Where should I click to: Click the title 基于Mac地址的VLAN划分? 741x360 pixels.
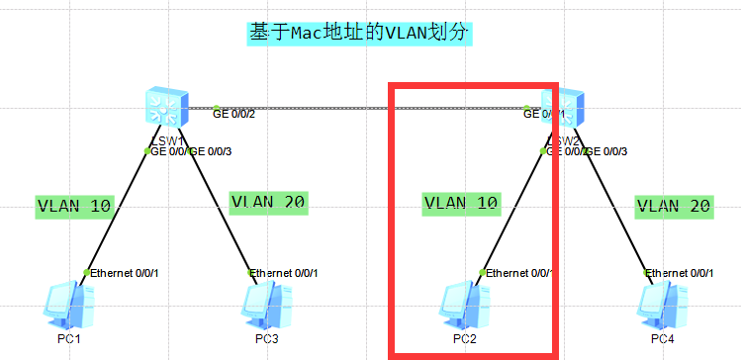coord(359,33)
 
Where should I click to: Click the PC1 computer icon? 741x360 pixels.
coord(68,306)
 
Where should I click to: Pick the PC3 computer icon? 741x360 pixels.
coord(266,306)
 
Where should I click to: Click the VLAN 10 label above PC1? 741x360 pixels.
coord(75,206)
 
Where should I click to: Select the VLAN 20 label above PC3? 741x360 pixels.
coord(268,202)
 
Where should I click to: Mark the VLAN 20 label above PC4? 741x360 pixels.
coord(674,206)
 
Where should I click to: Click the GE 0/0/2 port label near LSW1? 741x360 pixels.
coord(234,114)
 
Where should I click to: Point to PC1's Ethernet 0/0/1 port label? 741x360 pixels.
coord(125,273)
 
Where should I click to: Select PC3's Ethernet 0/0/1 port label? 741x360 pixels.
coord(286,273)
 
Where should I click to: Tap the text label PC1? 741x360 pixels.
coord(68,338)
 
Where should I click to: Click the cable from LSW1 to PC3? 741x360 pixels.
coord(220,208)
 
